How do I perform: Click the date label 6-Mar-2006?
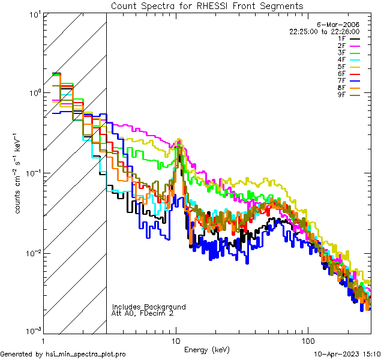click(342, 25)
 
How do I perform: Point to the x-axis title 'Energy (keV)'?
click(207, 350)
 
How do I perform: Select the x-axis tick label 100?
click(307, 341)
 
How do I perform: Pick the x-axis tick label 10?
click(176, 341)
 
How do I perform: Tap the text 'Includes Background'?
click(149, 307)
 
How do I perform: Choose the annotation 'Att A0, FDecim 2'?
click(143, 313)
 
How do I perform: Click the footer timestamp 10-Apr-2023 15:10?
click(348, 354)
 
